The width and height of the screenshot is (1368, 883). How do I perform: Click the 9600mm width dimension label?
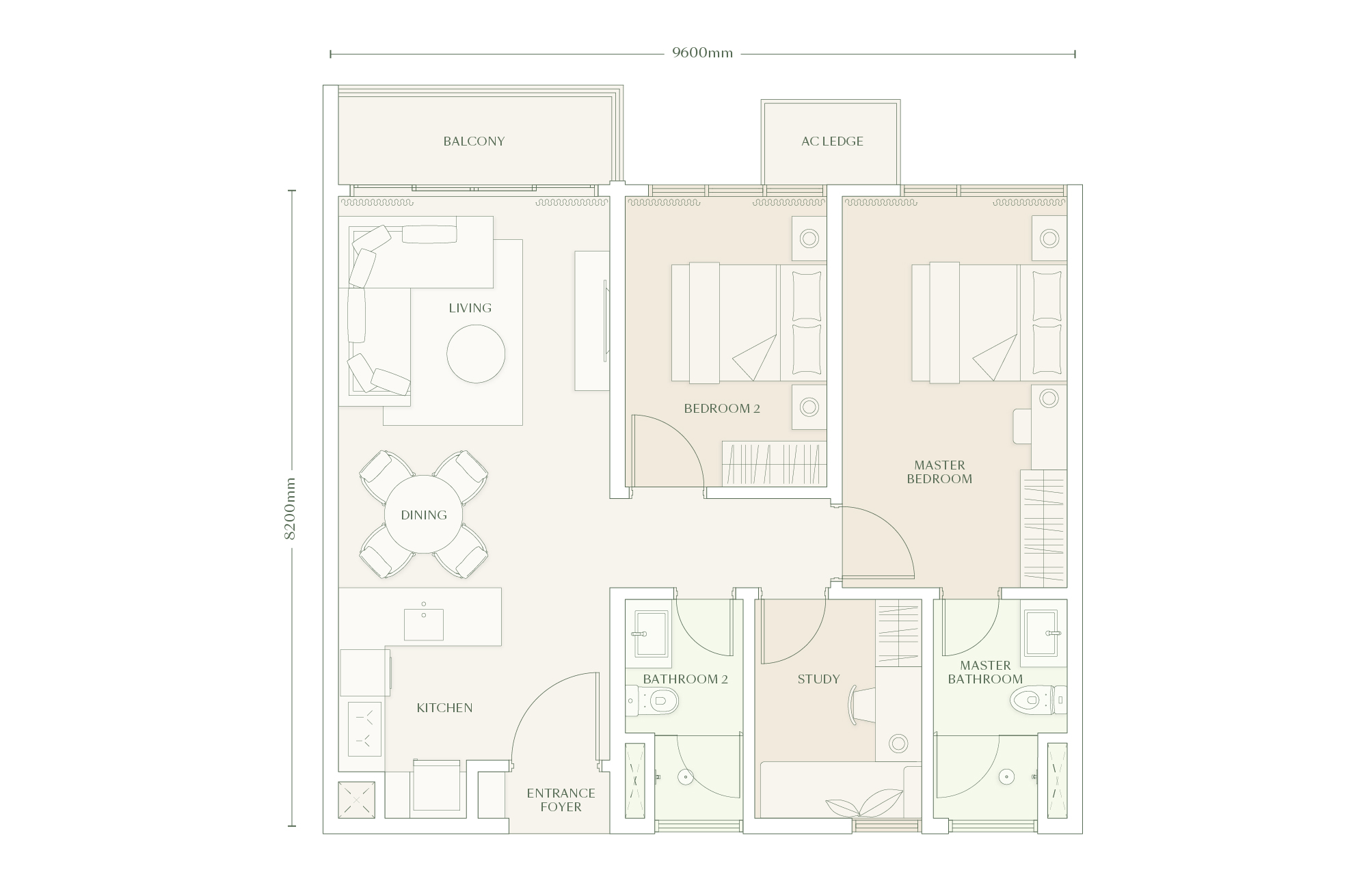pyautogui.click(x=702, y=53)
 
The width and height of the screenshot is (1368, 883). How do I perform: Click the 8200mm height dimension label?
pyautogui.click(x=290, y=508)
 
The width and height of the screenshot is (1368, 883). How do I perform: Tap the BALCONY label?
pyautogui.click(x=474, y=141)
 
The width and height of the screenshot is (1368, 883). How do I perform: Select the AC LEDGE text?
pyautogui.click(x=832, y=141)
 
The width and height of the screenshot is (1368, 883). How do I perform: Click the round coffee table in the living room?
pyautogui.click(x=476, y=354)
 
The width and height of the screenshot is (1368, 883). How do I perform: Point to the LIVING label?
pyautogui.click(x=470, y=308)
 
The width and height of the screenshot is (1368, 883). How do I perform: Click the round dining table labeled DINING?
pyautogui.click(x=423, y=515)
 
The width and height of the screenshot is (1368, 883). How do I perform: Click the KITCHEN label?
pyautogui.click(x=444, y=708)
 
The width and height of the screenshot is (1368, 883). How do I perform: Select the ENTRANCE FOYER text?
pyautogui.click(x=561, y=800)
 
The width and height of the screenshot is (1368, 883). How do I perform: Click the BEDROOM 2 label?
pyautogui.click(x=722, y=409)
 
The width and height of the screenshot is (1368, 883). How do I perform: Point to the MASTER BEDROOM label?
pyautogui.click(x=939, y=472)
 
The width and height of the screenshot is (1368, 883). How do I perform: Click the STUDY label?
pyautogui.click(x=818, y=679)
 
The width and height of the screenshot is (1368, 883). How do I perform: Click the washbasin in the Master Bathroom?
pyautogui.click(x=1043, y=634)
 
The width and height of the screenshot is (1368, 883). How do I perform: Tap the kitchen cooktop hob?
pyautogui.click(x=364, y=729)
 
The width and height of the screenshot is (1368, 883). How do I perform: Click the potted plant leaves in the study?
pyautogui.click(x=864, y=803)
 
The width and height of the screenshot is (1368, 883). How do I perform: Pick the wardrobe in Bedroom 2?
pyautogui.click(x=774, y=463)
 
